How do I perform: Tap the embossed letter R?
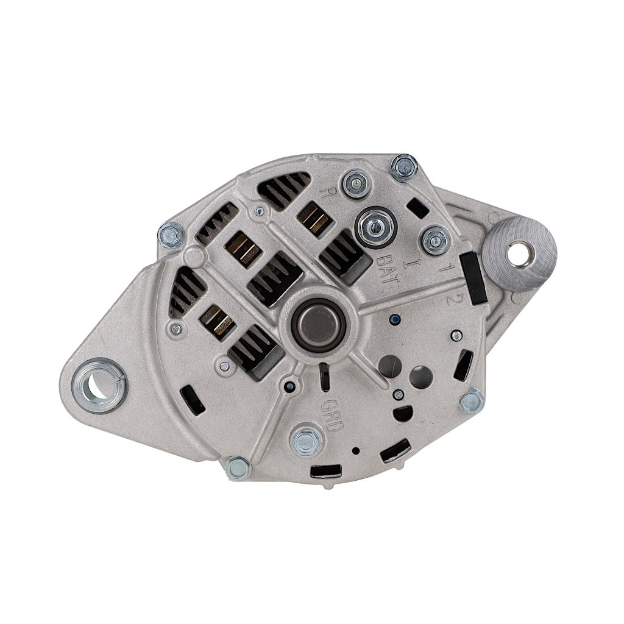pyautogui.click(x=327, y=193)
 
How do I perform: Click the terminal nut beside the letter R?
pyautogui.click(x=355, y=183)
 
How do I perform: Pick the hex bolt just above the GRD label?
pyautogui.click(x=307, y=441)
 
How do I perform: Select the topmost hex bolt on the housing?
pyautogui.click(x=404, y=167)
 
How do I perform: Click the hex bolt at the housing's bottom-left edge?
pyautogui.click(x=238, y=468)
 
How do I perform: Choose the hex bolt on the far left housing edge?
pyautogui.click(x=171, y=235)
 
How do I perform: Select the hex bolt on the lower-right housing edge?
pyautogui.click(x=471, y=400)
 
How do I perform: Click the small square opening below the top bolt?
pyautogui.click(x=417, y=208)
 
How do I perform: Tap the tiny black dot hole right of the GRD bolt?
pyautogui.click(x=355, y=451)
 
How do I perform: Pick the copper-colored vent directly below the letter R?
pyautogui.click(x=314, y=219)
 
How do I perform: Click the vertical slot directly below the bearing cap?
pyautogui.click(x=324, y=377)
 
